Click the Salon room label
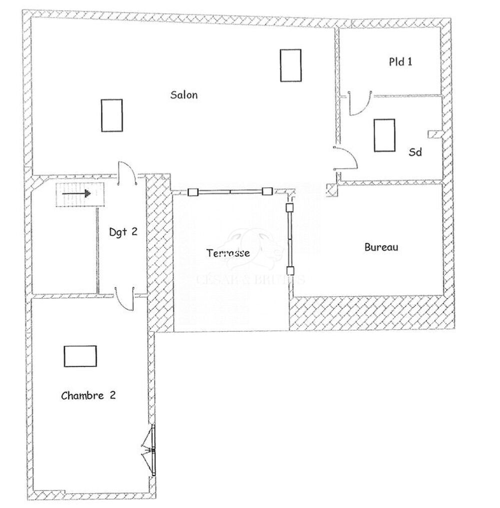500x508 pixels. pos(184,95)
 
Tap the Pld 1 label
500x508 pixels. pos(401,62)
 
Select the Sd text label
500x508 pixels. pos(415,152)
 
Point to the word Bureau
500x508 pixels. pos(381,247)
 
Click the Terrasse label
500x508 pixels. pos(228,253)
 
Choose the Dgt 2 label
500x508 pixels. pos(123,232)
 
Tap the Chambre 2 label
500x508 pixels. pos(88,396)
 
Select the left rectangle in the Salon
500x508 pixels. pos(111,115)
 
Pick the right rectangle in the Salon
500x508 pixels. pos(290,65)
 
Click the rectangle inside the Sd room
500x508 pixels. pos(384,135)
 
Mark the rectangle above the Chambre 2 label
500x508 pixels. pos(80,356)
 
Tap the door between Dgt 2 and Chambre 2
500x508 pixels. pos(125,299)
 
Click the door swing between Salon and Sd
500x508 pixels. pos(346,157)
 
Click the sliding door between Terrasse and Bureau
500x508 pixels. pos(289,240)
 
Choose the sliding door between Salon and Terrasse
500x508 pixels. pos(230,191)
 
